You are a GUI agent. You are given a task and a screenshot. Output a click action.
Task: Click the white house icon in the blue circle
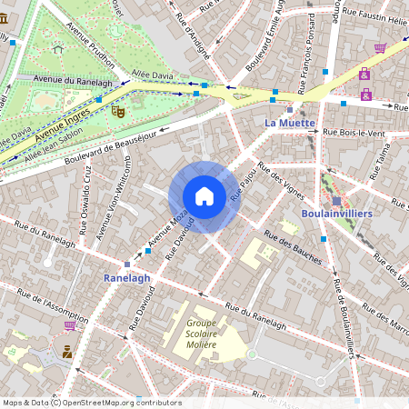click(204, 195)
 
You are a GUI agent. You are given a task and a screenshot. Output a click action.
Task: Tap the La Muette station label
click(289, 122)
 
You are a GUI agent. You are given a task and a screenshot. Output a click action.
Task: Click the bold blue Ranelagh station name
click(126, 277)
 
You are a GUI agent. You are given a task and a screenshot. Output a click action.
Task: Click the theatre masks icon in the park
click(117, 111)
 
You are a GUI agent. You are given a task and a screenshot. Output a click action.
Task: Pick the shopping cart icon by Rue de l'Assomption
click(70, 324)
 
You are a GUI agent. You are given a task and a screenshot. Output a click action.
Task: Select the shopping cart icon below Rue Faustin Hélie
click(380, 48)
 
